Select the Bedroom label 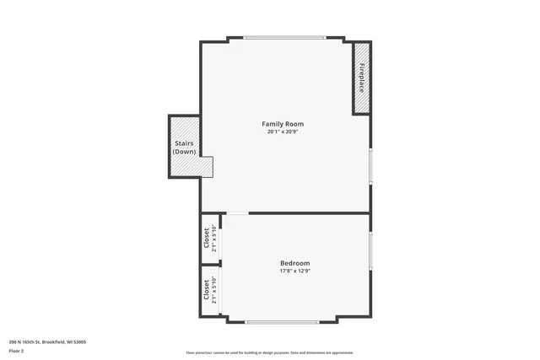pos(294,263)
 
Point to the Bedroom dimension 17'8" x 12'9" pos(294,271)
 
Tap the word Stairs pos(184,143)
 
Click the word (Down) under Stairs pos(184,152)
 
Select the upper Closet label pos(206,239)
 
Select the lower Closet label pos(206,290)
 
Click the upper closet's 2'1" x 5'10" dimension pos(215,239)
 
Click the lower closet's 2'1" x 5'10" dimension pos(215,290)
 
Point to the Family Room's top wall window pos(284,37)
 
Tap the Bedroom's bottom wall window pos(281,321)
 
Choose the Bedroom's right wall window pos(370,250)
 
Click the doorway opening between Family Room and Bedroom pos(237,212)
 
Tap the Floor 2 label pos(16,350)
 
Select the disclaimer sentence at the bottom pos(270,352)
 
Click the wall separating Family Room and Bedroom pos(309,212)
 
